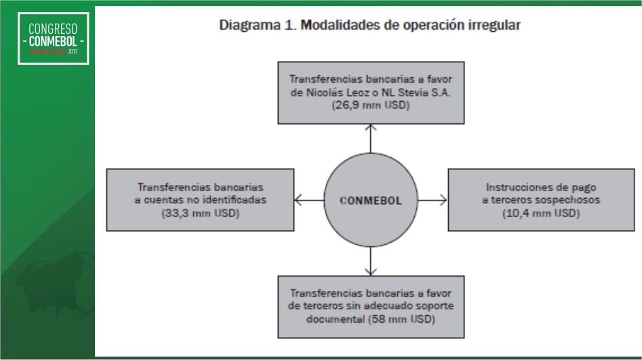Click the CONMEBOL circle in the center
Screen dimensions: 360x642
click(x=371, y=200)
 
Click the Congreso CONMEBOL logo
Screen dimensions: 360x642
click(x=53, y=39)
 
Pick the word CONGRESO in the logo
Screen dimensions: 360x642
click(x=53, y=28)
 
